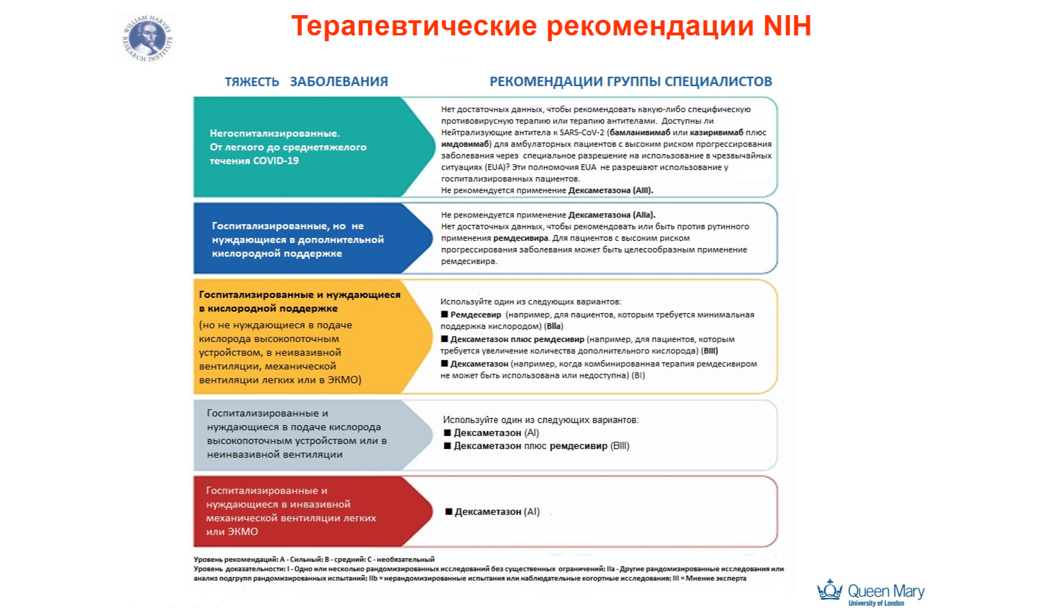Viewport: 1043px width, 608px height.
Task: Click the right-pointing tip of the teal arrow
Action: [x=435, y=146]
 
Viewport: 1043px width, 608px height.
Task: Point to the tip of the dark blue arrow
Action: [x=433, y=238]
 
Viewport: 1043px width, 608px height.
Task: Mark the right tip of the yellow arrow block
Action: [x=433, y=337]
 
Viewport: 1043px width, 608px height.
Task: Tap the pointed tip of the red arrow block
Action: [x=433, y=511]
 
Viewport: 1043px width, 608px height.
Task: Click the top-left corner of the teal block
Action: [x=194, y=98]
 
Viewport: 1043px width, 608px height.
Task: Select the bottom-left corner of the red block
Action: [x=194, y=546]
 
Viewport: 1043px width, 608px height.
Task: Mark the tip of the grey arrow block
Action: [x=433, y=435]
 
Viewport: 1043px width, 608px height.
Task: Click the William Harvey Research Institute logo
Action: [x=148, y=38]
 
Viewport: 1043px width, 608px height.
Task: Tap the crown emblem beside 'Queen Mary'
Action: [x=830, y=590]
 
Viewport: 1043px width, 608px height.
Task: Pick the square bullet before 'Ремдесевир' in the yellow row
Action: [x=444, y=314]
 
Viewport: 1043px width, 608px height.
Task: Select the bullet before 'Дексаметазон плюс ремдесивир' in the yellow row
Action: [x=444, y=339]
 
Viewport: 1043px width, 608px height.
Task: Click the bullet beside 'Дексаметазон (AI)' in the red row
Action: [x=449, y=512]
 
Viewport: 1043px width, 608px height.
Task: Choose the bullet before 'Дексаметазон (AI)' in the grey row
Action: [x=447, y=433]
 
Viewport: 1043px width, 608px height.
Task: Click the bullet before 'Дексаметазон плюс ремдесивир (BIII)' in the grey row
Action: [x=447, y=446]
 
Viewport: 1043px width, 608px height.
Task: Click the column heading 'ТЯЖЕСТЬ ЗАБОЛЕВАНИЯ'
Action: [x=307, y=82]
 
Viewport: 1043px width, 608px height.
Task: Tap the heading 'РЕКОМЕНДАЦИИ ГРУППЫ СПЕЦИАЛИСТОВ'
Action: [x=631, y=81]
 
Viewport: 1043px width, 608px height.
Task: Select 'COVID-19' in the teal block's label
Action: [x=276, y=161]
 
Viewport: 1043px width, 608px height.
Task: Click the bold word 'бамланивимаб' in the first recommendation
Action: [x=640, y=132]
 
